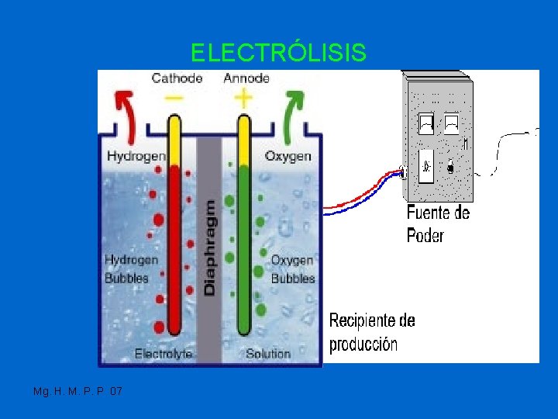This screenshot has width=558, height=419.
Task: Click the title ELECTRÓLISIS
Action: pyautogui.click(x=278, y=53)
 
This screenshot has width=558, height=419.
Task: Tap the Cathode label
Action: pyautogui.click(x=177, y=78)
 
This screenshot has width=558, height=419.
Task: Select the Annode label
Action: pyautogui.click(x=246, y=78)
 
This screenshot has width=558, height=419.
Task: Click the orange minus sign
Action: pyautogui.click(x=175, y=99)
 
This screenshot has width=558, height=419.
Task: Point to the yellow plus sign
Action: pyautogui.click(x=243, y=99)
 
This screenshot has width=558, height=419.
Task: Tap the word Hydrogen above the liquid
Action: pyautogui.click(x=136, y=156)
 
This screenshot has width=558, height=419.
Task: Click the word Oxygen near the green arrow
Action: pyautogui.click(x=288, y=156)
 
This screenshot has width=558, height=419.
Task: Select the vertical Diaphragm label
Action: pyautogui.click(x=209, y=247)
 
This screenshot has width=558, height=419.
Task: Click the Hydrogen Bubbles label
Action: pyautogui.click(x=131, y=268)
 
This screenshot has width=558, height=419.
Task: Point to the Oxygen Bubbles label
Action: pyautogui.click(x=292, y=269)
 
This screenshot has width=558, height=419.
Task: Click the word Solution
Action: pyautogui.click(x=267, y=354)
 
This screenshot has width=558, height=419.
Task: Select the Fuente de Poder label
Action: pyautogui.click(x=438, y=223)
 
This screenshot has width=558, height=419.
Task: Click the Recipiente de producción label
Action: pyautogui.click(x=372, y=332)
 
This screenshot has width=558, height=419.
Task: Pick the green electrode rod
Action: pyautogui.click(x=243, y=248)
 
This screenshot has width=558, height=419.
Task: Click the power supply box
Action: pyautogui.click(x=438, y=136)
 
